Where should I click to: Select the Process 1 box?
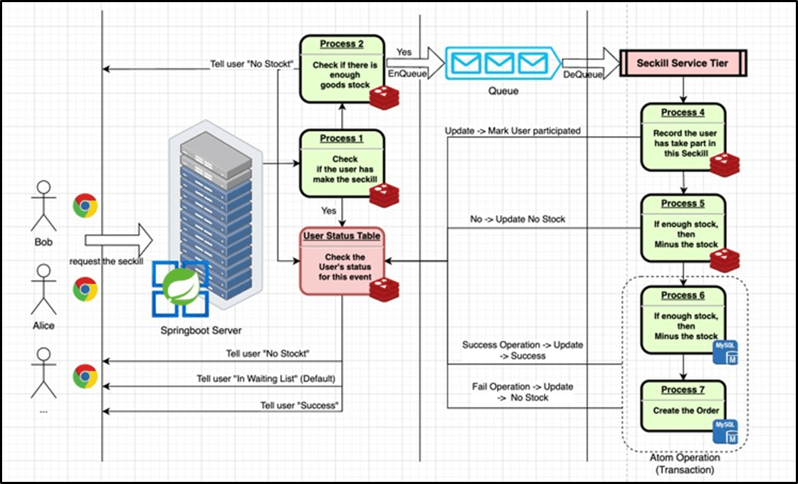pos(341,163)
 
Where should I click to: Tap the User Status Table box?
pos(342,261)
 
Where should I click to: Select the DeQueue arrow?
pos(590,63)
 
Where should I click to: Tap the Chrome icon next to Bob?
pos(85,206)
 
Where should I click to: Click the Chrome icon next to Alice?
pos(85,290)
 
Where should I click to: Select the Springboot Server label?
pos(201,331)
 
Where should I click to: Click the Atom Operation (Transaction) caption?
pos(683,464)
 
